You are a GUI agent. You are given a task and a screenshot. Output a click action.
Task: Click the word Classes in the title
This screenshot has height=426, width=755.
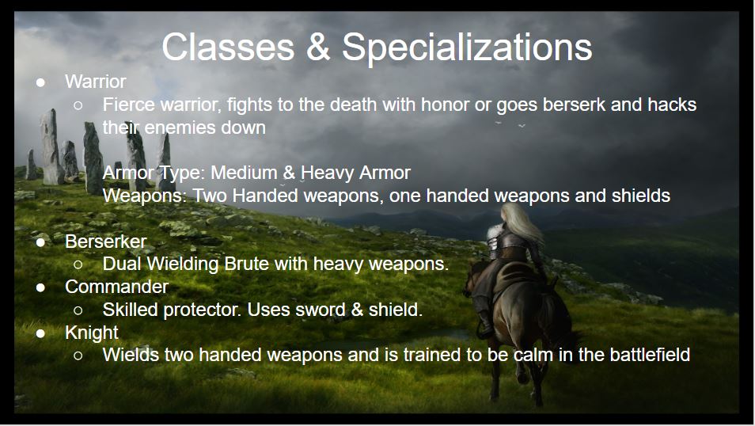(228, 48)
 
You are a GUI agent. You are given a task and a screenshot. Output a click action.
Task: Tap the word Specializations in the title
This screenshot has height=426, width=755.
(467, 48)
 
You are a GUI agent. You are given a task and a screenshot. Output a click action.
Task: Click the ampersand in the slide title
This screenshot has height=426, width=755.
(318, 48)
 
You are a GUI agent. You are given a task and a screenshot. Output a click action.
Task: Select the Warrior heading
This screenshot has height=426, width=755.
(95, 82)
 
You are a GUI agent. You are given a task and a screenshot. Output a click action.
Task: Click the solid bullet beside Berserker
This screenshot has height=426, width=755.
(41, 242)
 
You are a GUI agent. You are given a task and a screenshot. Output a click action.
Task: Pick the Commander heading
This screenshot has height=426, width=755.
(116, 287)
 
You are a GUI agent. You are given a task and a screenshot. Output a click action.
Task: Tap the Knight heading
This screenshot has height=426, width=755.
(92, 333)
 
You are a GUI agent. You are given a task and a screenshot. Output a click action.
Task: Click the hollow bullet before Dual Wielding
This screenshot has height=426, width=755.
(78, 264)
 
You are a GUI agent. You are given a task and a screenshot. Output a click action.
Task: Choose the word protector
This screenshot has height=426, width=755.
(203, 310)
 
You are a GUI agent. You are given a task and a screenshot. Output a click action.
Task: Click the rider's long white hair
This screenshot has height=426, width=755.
(522, 224)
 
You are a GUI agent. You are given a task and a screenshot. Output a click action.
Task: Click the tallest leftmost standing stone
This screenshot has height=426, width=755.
(51, 147)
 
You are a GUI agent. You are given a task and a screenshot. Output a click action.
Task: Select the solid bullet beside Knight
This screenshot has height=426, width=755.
(41, 333)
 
